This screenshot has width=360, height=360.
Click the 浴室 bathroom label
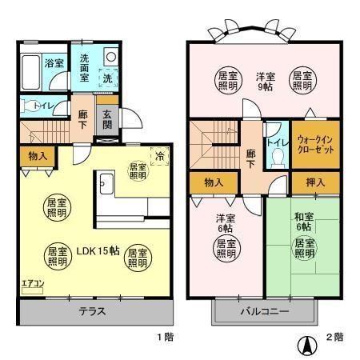(54, 63)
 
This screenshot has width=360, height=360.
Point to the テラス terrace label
(94, 312)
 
